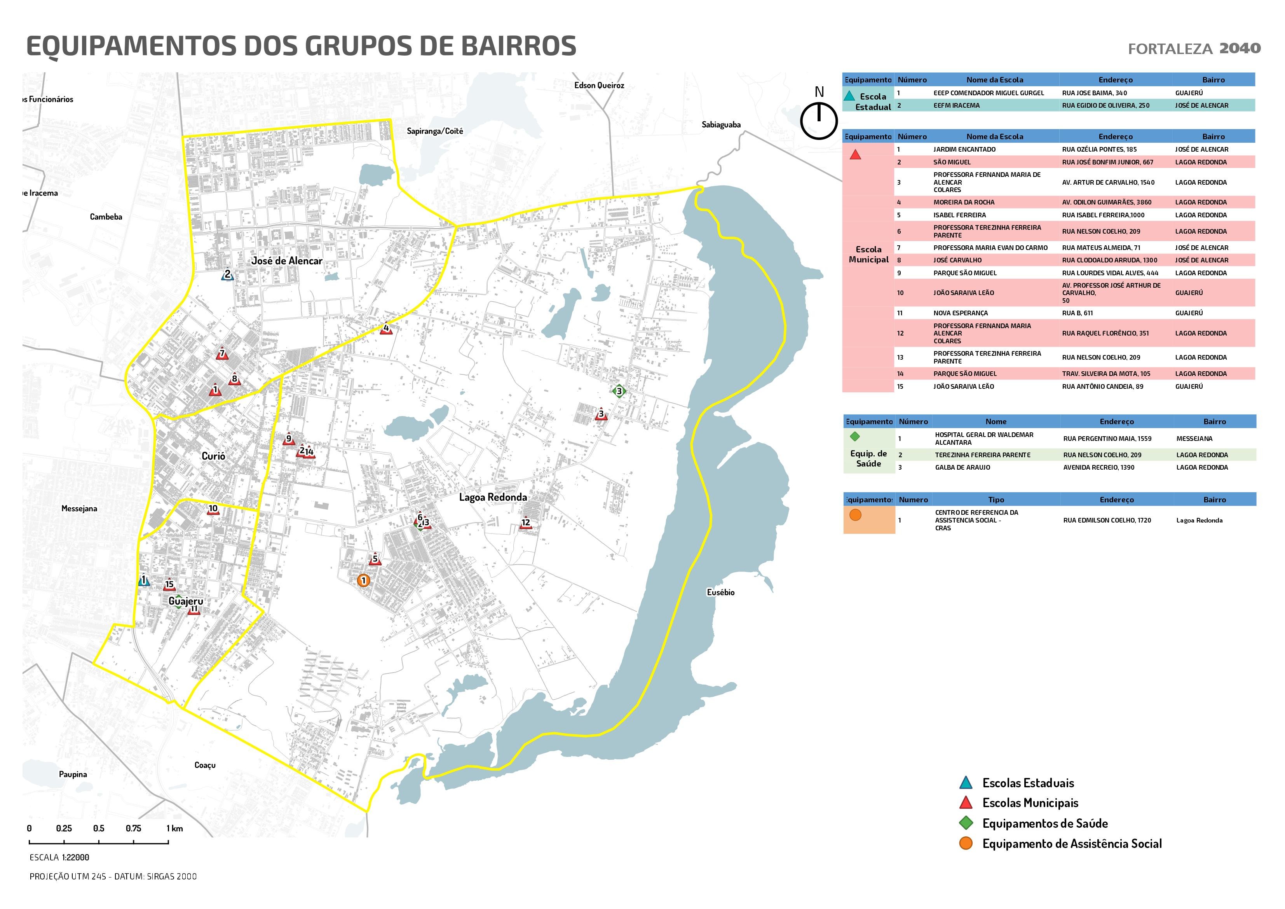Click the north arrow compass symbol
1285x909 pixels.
(819, 120)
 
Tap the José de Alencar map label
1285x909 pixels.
(286, 261)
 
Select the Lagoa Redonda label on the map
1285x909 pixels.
(492, 497)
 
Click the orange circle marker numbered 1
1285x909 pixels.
(363, 580)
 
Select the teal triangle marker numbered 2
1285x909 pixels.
(227, 275)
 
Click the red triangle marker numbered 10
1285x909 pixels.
(213, 510)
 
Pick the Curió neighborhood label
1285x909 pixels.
(213, 456)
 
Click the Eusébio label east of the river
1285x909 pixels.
(720, 593)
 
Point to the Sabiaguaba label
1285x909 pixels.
(721, 125)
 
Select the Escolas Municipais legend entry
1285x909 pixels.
(1030, 803)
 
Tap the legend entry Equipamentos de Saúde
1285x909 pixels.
(1044, 823)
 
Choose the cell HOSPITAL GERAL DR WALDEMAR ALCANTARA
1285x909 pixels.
(984, 439)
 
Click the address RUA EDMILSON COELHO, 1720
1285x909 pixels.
(1107, 520)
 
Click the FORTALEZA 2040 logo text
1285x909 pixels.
(1194, 49)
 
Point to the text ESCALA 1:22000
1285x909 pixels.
(59, 857)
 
